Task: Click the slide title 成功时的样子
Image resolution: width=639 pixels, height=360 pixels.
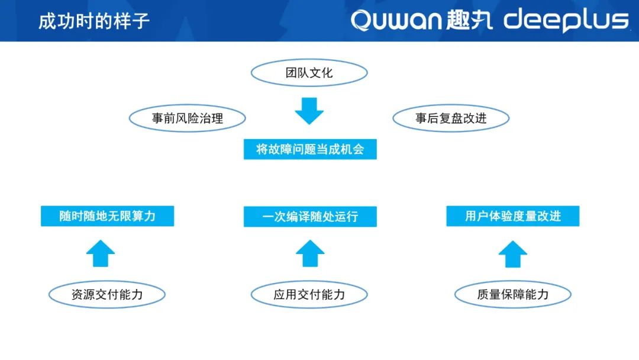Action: [x=94, y=21]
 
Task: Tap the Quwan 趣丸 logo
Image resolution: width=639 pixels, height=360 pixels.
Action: [x=421, y=20]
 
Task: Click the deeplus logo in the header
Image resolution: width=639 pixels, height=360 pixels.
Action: [x=566, y=20]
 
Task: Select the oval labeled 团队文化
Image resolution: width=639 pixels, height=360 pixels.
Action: [x=309, y=73]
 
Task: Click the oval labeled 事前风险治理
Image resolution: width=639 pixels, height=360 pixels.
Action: [x=188, y=118]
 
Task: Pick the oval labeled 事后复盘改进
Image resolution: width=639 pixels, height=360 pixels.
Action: [x=451, y=118]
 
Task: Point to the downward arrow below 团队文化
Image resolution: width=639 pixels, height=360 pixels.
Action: [x=309, y=111]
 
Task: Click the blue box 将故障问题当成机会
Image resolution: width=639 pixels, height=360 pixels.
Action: [x=310, y=149]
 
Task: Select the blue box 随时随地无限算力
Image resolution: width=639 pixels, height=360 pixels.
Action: [x=108, y=216]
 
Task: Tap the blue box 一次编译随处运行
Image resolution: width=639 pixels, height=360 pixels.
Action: [x=310, y=217]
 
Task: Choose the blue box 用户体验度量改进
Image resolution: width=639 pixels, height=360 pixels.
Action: [x=513, y=216]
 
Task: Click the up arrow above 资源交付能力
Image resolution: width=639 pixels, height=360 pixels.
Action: [x=101, y=253]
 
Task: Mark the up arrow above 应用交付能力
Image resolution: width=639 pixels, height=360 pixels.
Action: [x=310, y=253]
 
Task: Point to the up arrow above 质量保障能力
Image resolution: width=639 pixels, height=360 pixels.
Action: [x=513, y=254]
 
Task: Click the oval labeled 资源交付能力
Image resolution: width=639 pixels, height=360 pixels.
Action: [x=106, y=294]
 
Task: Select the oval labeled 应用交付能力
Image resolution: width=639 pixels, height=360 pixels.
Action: [x=309, y=294]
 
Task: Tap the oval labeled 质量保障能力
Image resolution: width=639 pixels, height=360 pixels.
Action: [x=512, y=294]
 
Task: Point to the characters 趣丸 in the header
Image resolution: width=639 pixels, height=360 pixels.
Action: [x=469, y=20]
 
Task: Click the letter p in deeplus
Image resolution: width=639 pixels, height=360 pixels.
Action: [x=573, y=22]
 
